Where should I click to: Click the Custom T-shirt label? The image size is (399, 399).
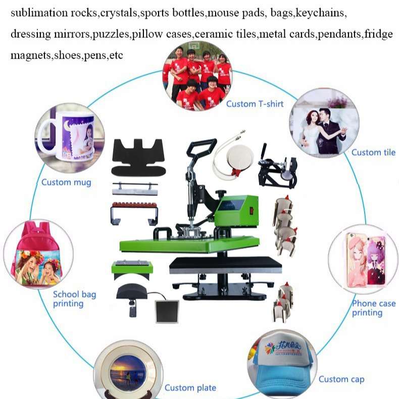click(x=255, y=104)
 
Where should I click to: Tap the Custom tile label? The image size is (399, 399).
click(x=373, y=153)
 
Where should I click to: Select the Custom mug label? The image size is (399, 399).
click(x=66, y=182)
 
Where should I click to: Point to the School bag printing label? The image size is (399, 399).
click(x=74, y=298)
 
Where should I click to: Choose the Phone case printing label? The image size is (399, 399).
click(x=373, y=308)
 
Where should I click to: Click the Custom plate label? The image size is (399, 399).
click(x=190, y=388)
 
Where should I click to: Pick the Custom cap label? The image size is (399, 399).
click(x=341, y=379)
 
